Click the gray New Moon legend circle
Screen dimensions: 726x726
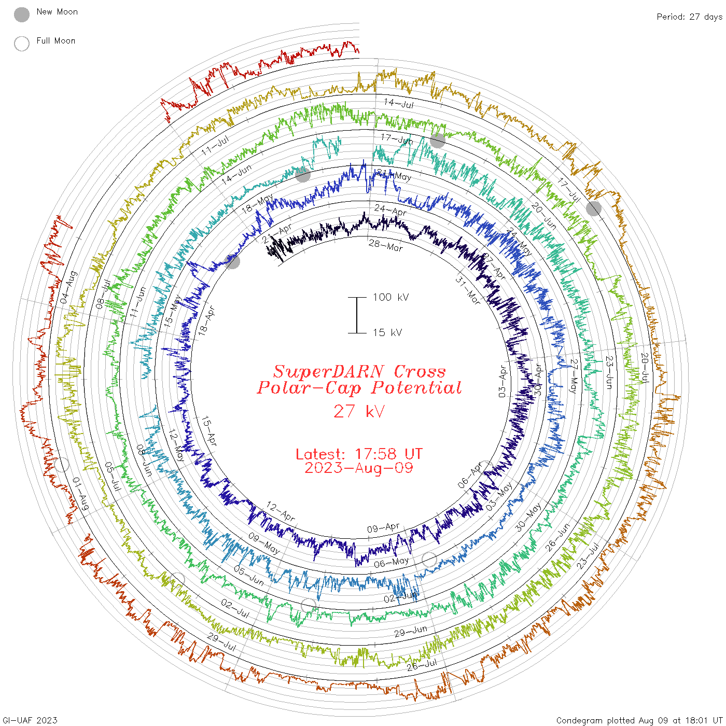[x=22, y=15]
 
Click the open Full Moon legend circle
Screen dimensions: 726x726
[x=22, y=44]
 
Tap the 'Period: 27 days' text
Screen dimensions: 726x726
[x=689, y=17]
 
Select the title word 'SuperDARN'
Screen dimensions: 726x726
[x=329, y=371]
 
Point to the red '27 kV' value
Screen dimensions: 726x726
[x=359, y=412]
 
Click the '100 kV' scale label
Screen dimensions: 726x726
[x=390, y=297]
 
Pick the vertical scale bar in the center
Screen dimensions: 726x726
[x=357, y=315]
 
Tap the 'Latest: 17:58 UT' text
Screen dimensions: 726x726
[x=359, y=454]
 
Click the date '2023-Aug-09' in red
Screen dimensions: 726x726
[x=359, y=468]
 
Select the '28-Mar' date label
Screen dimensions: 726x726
[x=386, y=245]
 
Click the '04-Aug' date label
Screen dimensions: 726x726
[x=68, y=287]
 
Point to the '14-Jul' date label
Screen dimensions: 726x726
[x=399, y=103]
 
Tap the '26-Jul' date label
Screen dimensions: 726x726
[x=422, y=665]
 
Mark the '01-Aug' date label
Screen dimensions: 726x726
[x=80, y=493]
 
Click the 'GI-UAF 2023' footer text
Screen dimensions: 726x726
[x=30, y=720]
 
